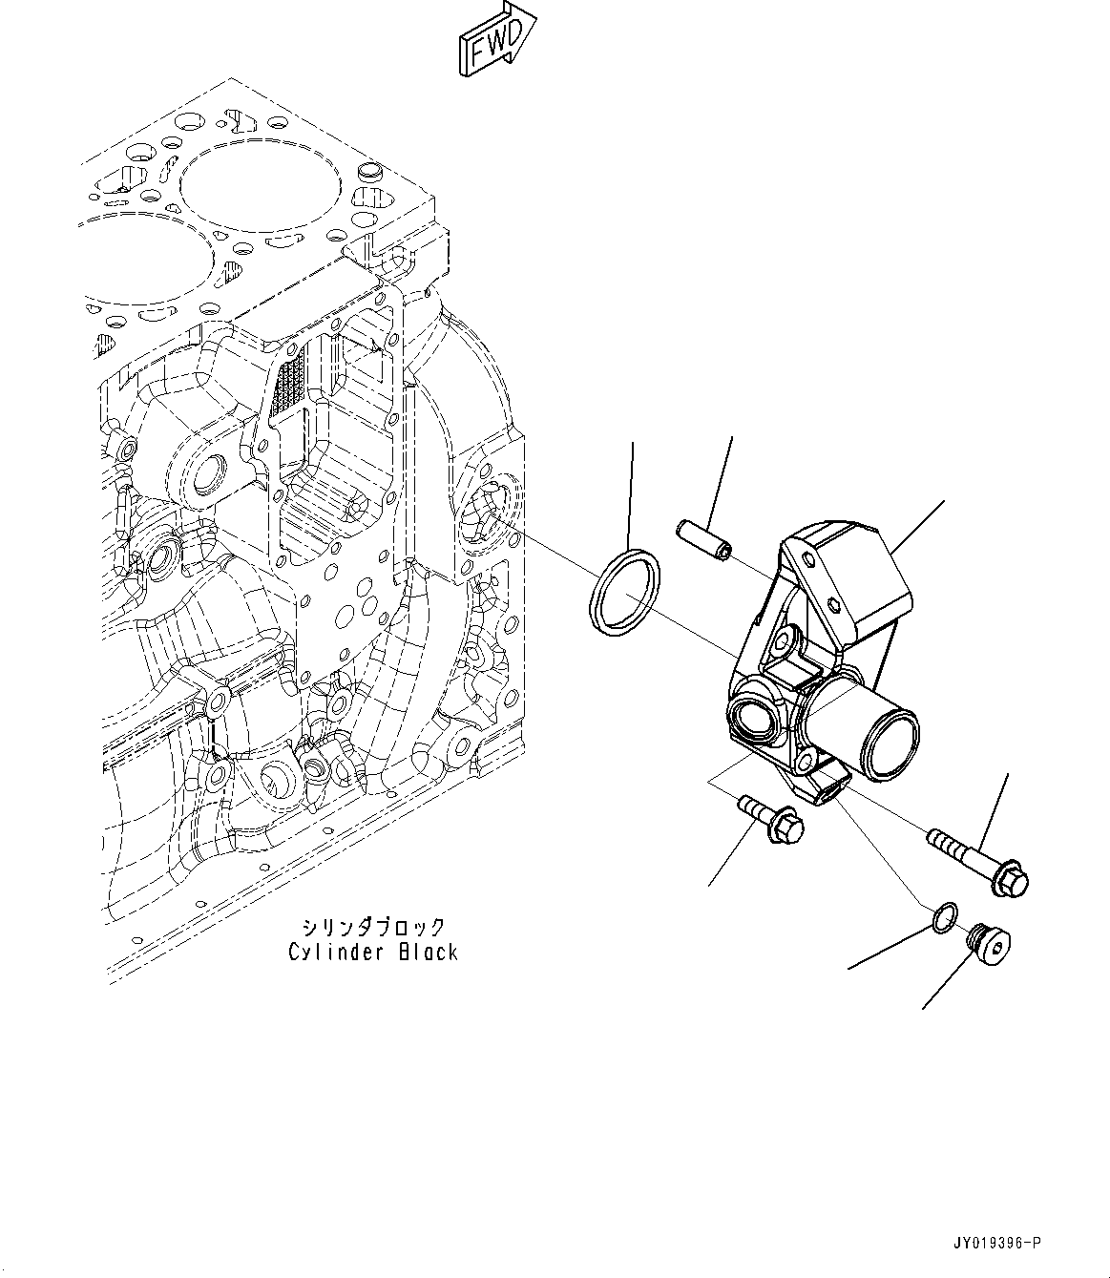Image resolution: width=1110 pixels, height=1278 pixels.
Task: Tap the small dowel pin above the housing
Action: coord(704,538)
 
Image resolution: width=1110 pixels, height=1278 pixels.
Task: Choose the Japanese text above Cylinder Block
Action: coord(373,927)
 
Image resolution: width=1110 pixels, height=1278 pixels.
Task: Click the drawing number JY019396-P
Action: coord(995,1243)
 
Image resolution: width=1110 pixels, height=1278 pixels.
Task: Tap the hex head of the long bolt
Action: coord(1010,881)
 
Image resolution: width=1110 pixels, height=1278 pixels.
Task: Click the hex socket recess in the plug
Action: coord(997,947)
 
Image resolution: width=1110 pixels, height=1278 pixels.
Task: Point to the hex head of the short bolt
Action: coord(785,827)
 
